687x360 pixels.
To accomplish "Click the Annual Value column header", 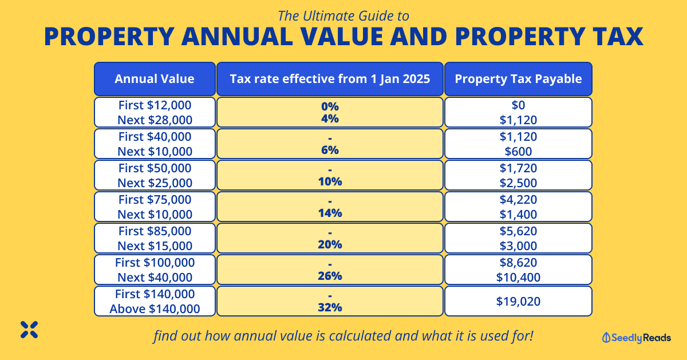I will pos(155,79).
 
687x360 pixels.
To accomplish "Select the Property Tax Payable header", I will pos(518,79).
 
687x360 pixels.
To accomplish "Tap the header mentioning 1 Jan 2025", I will pos(330,79).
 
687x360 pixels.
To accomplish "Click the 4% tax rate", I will pos(330,119).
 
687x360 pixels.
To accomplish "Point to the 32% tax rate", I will pos(330,307).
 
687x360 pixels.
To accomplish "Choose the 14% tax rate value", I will pos(330,213).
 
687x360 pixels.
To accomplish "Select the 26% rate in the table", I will pos(330,276).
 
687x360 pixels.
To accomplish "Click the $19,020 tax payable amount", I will pos(518,301).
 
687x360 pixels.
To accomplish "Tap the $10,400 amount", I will pos(518,277).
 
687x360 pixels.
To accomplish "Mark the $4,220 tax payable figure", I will pos(518,200).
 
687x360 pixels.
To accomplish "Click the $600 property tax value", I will pos(518,151).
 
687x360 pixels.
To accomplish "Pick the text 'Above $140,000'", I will pos(155,308).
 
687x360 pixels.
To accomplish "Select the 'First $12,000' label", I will pos(155,105).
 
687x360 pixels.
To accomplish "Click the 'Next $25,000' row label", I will pos(155,183).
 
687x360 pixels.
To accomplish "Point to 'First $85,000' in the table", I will pos(155,231).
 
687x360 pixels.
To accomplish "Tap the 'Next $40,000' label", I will pos(155,277).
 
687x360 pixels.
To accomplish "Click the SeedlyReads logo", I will pos(637,338).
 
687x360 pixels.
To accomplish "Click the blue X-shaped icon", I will pos(29,329).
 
